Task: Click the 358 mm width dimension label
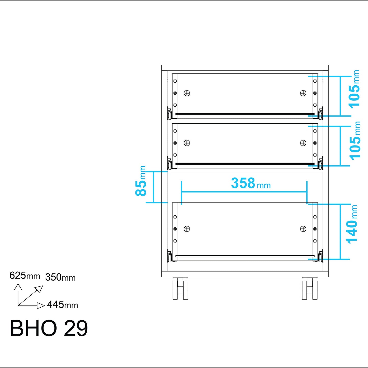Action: (251, 183)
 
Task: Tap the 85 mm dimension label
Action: (141, 181)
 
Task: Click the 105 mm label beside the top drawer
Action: (354, 89)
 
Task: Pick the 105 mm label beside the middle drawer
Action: (355, 140)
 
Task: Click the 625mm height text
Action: (25, 275)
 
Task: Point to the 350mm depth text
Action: (60, 277)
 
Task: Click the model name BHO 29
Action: (49, 328)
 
